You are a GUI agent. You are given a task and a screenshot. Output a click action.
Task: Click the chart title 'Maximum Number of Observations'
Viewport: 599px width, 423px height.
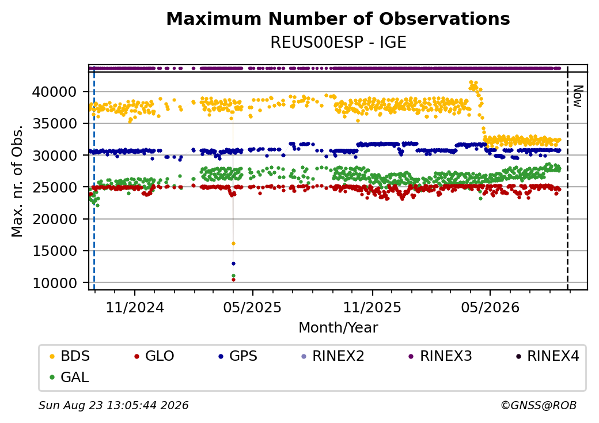[x=338, y=18]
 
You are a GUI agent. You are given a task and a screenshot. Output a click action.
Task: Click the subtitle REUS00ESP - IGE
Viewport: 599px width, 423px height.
[x=338, y=43]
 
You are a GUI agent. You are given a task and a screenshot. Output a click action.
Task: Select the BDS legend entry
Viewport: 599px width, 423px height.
[x=70, y=356]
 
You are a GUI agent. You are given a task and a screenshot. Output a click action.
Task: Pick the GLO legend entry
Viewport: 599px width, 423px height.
[x=154, y=356]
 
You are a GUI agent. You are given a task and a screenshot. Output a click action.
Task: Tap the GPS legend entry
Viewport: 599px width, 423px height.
[x=238, y=356]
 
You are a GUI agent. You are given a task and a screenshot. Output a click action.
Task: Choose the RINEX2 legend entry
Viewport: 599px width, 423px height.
[x=333, y=356]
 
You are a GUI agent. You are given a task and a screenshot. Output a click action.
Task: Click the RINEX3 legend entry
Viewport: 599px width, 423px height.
[x=441, y=356]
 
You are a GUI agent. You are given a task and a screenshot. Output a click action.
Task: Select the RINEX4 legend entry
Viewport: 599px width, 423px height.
[x=547, y=356]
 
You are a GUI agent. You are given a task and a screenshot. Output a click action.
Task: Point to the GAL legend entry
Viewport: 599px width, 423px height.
[x=70, y=377]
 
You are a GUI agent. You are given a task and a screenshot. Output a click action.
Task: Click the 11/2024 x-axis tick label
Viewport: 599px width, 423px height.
[x=134, y=307]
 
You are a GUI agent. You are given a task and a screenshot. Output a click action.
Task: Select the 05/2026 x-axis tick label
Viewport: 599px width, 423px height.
[x=490, y=307]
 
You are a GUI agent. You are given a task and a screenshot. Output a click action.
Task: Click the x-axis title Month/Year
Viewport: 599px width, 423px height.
[x=338, y=328]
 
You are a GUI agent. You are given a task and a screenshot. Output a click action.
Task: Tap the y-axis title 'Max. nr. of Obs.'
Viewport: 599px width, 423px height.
[x=17, y=181]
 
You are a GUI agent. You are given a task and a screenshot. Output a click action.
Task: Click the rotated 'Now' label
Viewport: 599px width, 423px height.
[x=578, y=96]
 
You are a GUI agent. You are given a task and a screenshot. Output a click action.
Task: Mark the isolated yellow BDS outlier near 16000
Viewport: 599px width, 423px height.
[x=233, y=243]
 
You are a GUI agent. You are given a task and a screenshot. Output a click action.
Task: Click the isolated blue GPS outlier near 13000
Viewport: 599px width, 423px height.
[x=233, y=263]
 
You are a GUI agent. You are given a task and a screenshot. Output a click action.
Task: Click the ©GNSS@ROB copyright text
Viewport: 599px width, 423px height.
[x=539, y=405]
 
